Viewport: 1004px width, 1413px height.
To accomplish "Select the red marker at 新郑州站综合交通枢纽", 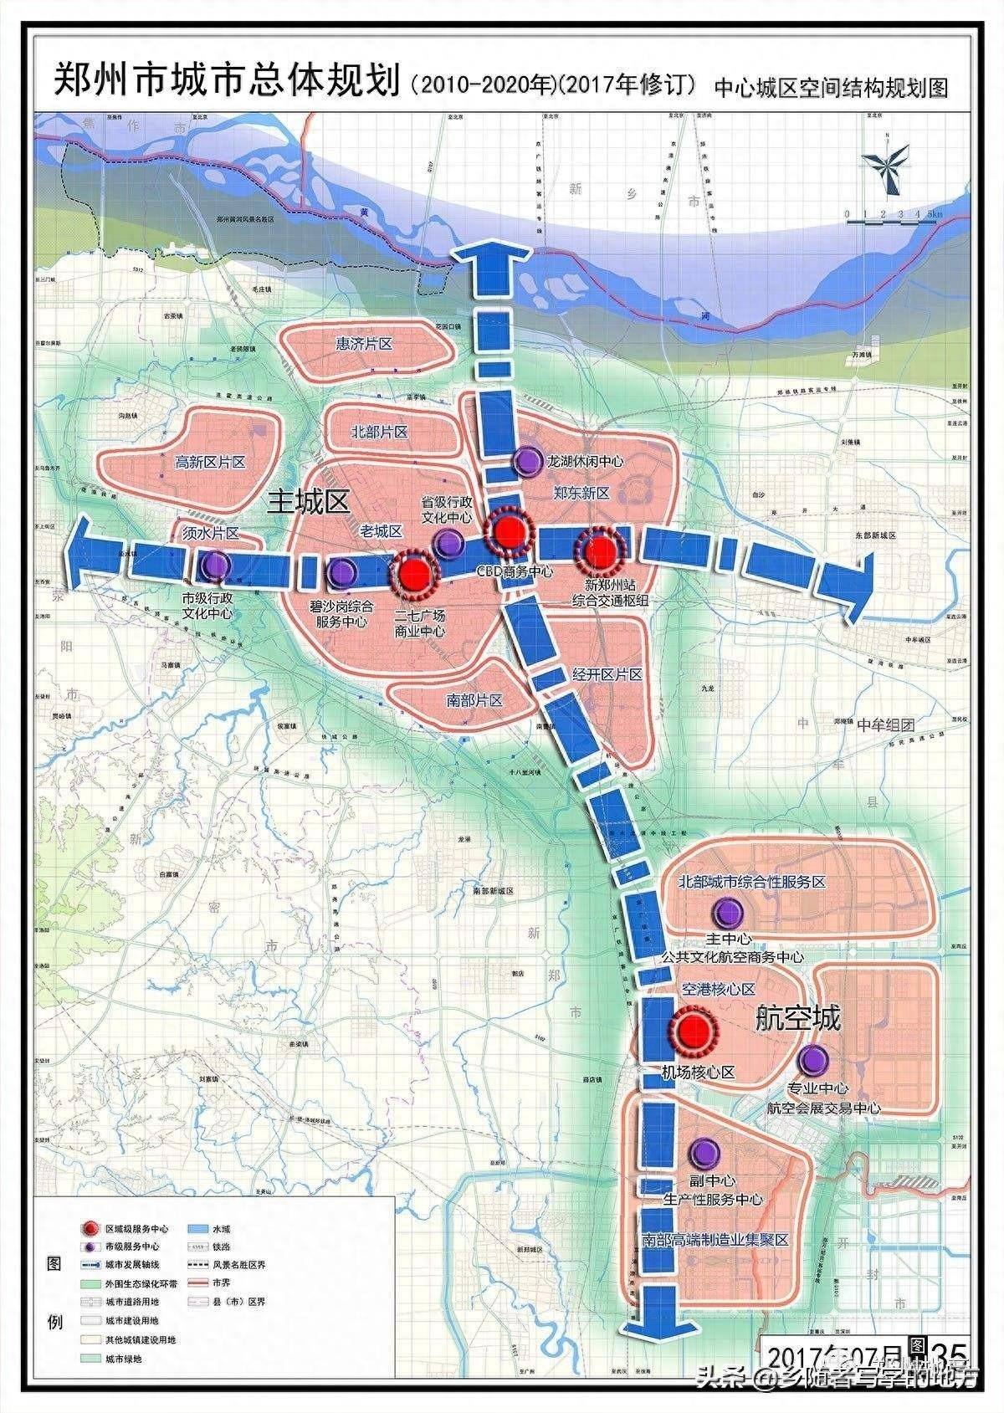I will pyautogui.click(x=599, y=550).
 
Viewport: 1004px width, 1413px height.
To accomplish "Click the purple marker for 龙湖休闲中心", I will pyautogui.click(x=528, y=460).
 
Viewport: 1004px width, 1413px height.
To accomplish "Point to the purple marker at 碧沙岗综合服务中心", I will pyautogui.click(x=342, y=572).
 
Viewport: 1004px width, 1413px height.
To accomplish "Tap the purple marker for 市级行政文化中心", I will pyautogui.click(x=217, y=566).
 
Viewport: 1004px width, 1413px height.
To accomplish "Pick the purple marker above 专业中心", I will pyautogui.click(x=812, y=1061).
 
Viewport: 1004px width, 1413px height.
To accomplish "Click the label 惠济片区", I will pyautogui.click(x=364, y=344).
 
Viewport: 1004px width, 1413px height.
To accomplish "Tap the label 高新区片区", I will pyautogui.click(x=210, y=462).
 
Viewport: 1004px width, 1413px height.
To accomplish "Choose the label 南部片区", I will pyautogui.click(x=474, y=700).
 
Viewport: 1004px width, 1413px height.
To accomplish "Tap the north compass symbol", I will pyautogui.click(x=886, y=161).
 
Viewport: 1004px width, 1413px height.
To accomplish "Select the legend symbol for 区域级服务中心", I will pyautogui.click(x=90, y=1228).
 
